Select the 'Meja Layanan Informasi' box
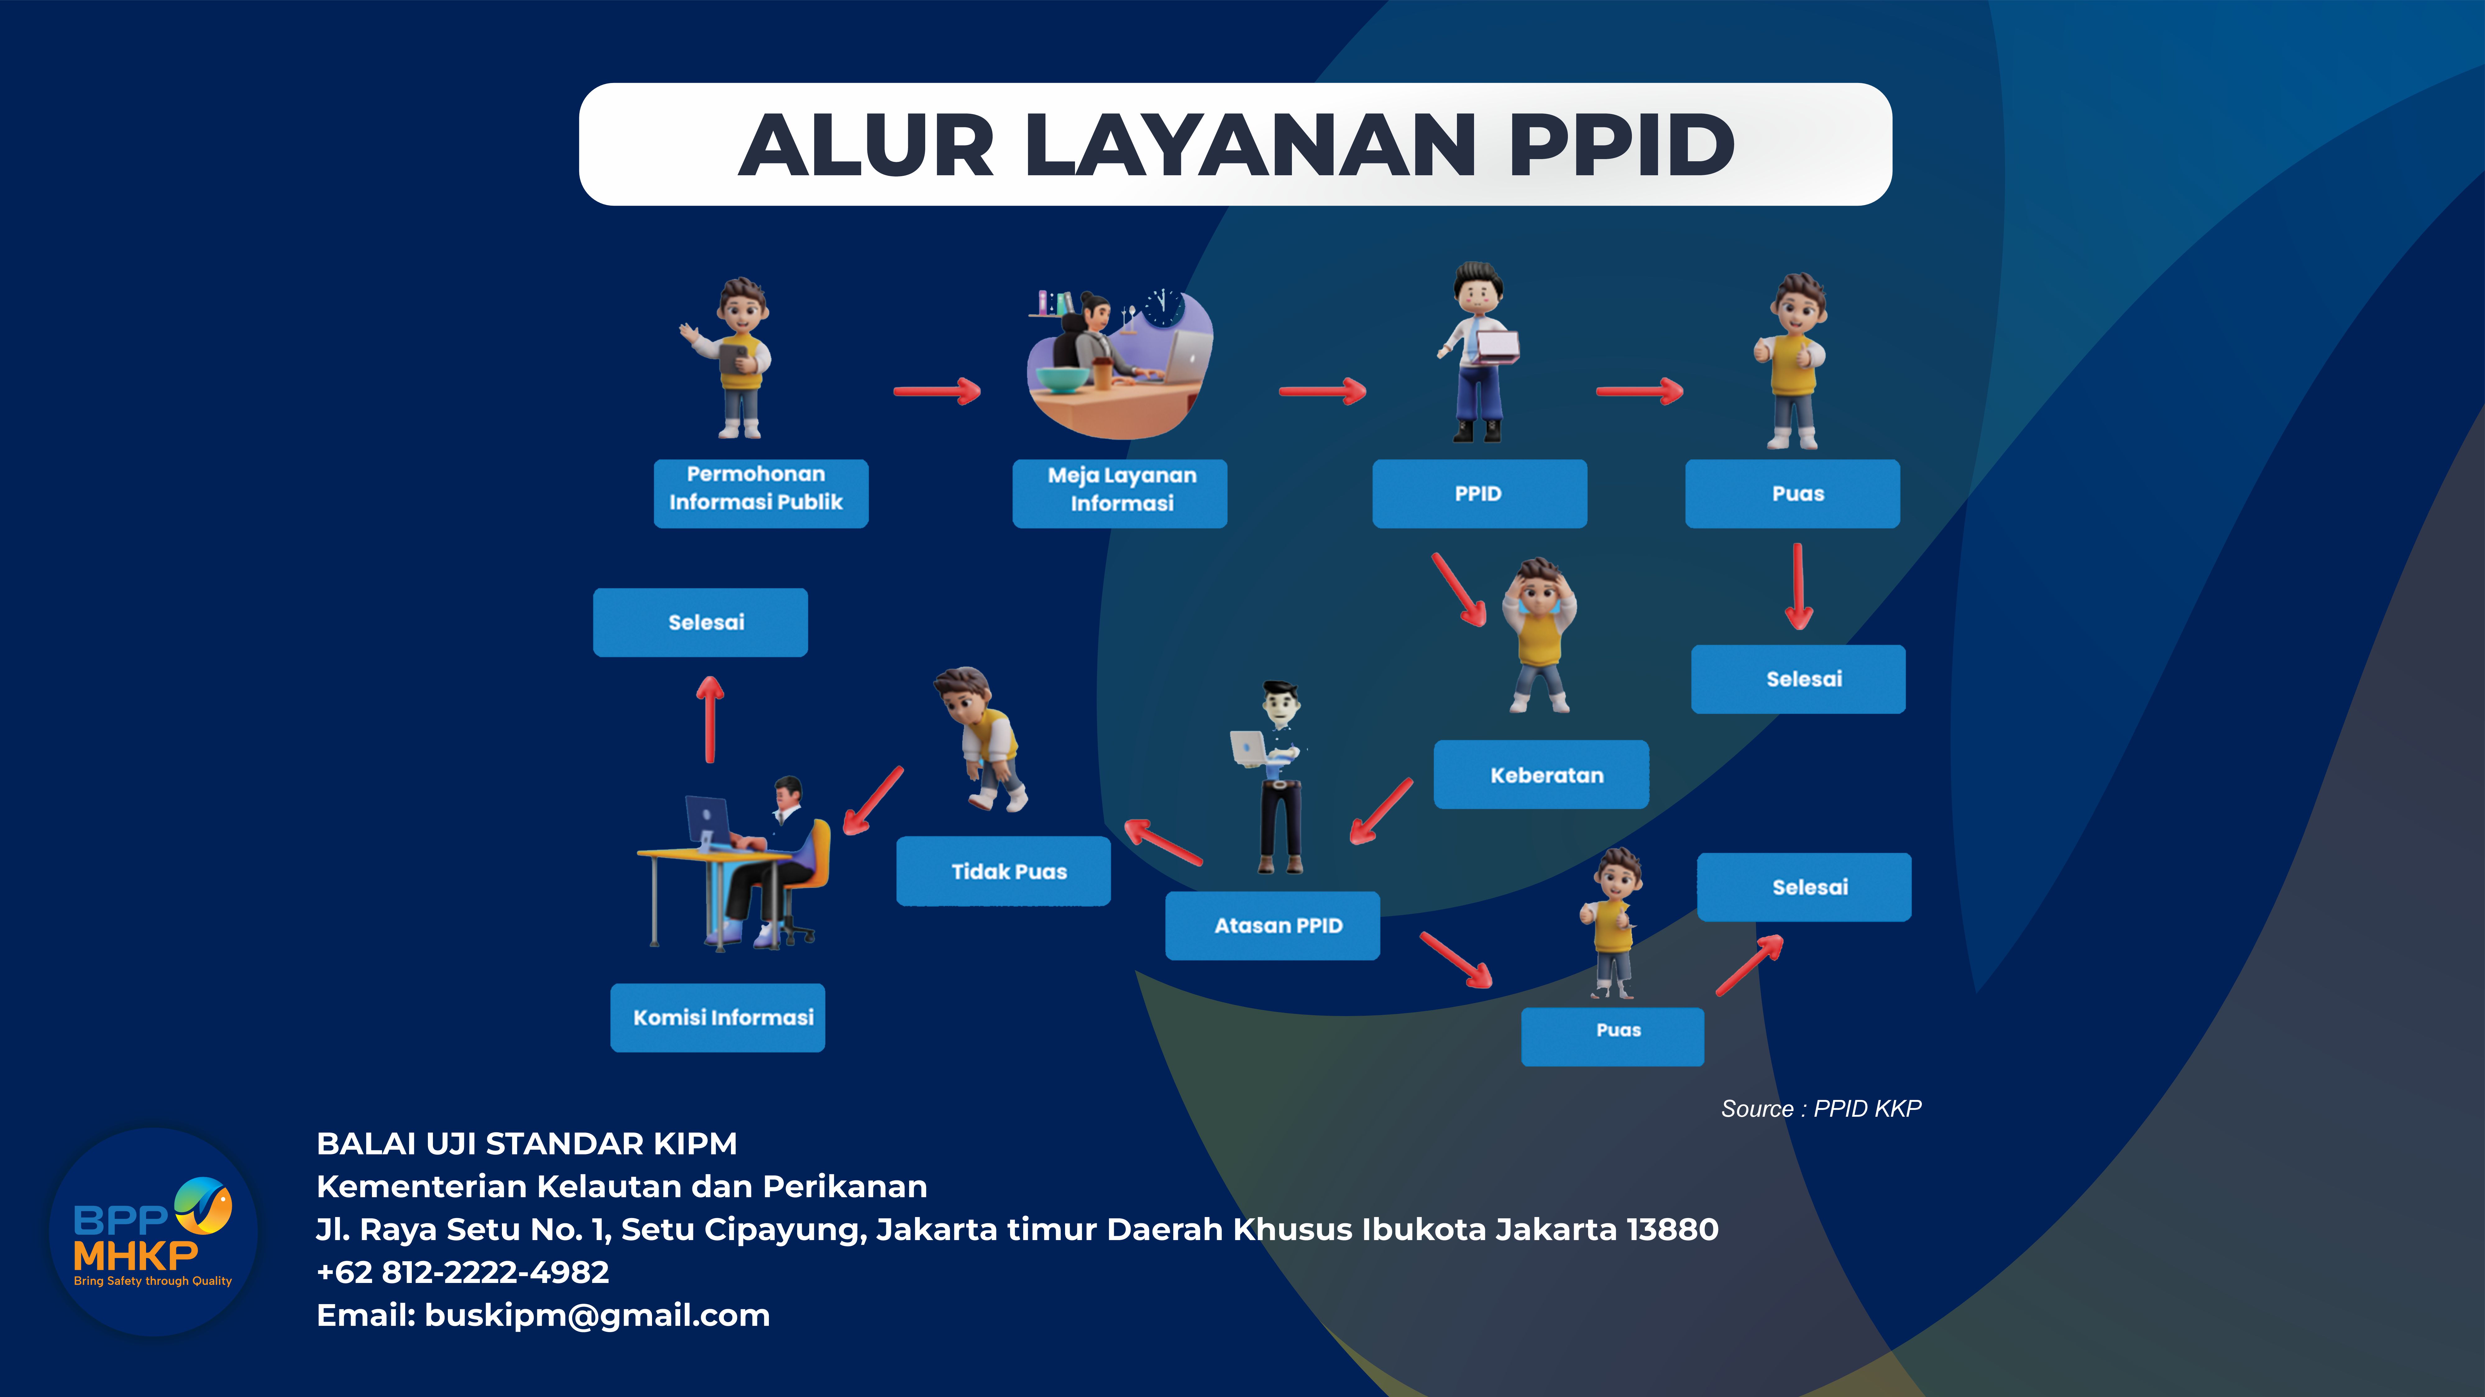point(1120,493)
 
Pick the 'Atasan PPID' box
point(1272,925)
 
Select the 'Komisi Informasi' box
point(718,1017)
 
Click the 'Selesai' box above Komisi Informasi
point(700,622)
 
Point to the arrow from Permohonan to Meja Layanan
point(937,391)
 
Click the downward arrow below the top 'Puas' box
point(1798,586)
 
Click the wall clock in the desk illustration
point(1164,307)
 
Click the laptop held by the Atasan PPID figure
point(1249,749)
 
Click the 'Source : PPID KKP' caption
point(1821,1109)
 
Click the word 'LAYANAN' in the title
point(1250,146)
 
